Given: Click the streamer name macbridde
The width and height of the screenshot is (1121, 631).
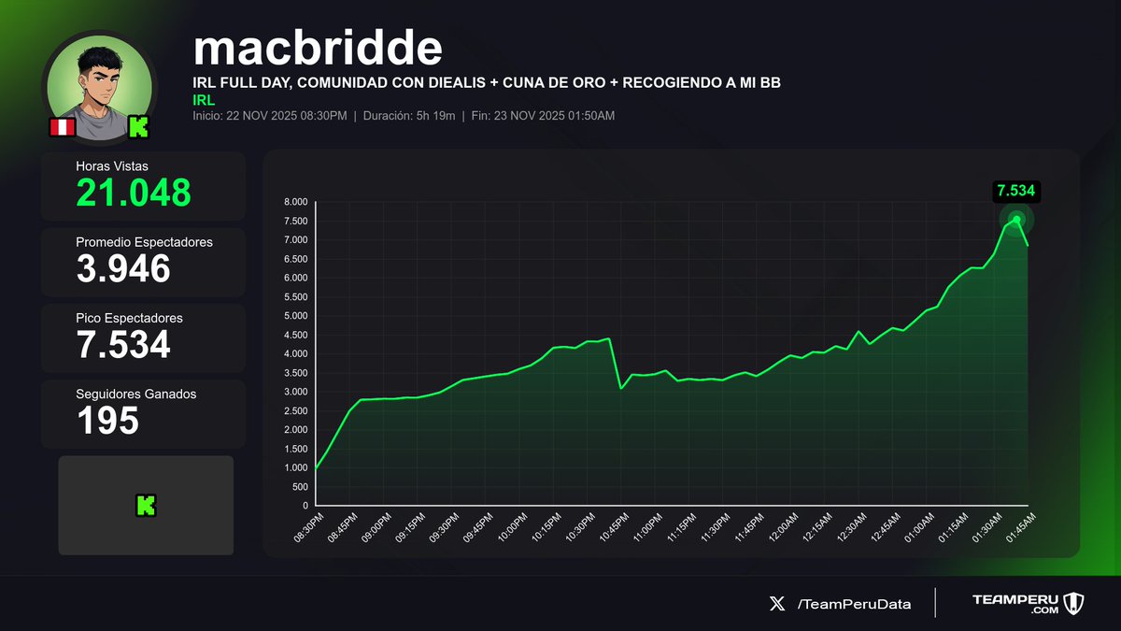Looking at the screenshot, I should [x=318, y=48].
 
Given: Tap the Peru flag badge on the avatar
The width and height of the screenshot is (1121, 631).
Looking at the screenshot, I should [x=62, y=127].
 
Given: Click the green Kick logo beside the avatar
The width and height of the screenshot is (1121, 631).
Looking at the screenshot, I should [x=139, y=127].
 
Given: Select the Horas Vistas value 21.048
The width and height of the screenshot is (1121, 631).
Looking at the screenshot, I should [x=134, y=193].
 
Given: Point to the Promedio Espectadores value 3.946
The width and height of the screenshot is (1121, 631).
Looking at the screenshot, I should [x=123, y=269].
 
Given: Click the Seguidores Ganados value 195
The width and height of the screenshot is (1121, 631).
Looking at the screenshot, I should [x=107, y=421].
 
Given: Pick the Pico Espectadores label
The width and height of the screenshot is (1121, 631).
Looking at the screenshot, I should [x=129, y=318].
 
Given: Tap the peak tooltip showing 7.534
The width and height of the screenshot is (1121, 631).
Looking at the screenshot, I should [x=1016, y=192].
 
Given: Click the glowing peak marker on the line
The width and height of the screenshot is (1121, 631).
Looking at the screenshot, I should [x=1016, y=220].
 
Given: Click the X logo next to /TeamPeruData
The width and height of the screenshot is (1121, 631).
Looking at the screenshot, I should [x=776, y=604].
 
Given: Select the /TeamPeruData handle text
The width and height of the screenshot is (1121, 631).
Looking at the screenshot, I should [x=854, y=604].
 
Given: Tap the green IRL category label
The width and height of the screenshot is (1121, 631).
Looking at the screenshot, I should [x=204, y=99].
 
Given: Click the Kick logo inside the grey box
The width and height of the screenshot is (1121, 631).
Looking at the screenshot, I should [x=146, y=506].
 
